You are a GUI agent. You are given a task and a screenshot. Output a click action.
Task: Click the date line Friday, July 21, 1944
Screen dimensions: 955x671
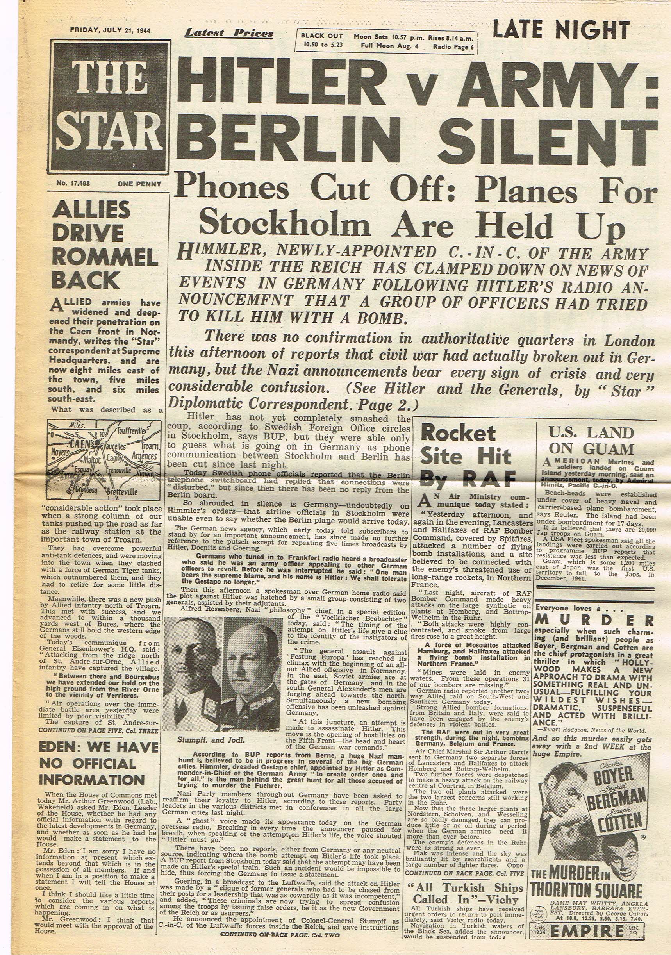110,30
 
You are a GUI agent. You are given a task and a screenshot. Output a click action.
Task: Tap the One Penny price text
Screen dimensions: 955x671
139,184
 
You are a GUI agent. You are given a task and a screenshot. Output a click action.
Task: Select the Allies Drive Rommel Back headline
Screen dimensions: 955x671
104,245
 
